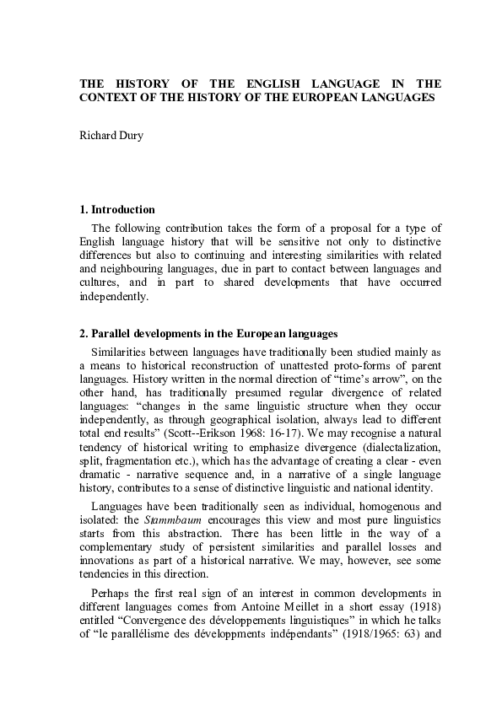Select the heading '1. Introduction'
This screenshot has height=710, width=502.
click(116, 209)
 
